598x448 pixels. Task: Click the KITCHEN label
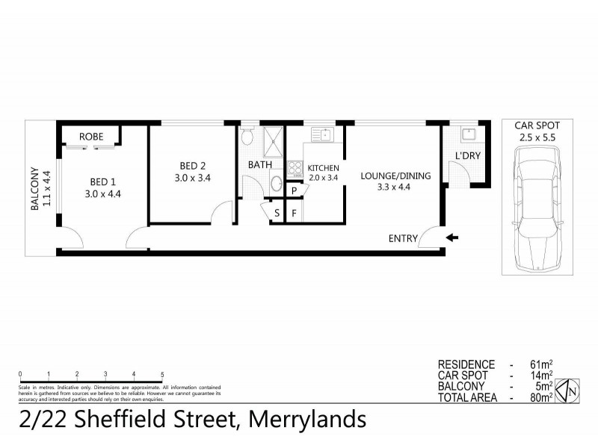324,168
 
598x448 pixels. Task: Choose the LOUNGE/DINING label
385,175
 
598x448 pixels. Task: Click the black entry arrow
452,238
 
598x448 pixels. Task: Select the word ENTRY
403,239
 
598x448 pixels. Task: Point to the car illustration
536,208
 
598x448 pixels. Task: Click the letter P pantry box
295,190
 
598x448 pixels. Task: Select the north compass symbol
570,390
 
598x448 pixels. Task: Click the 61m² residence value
542,364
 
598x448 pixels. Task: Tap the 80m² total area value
542,398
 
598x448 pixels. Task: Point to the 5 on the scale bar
162,373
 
